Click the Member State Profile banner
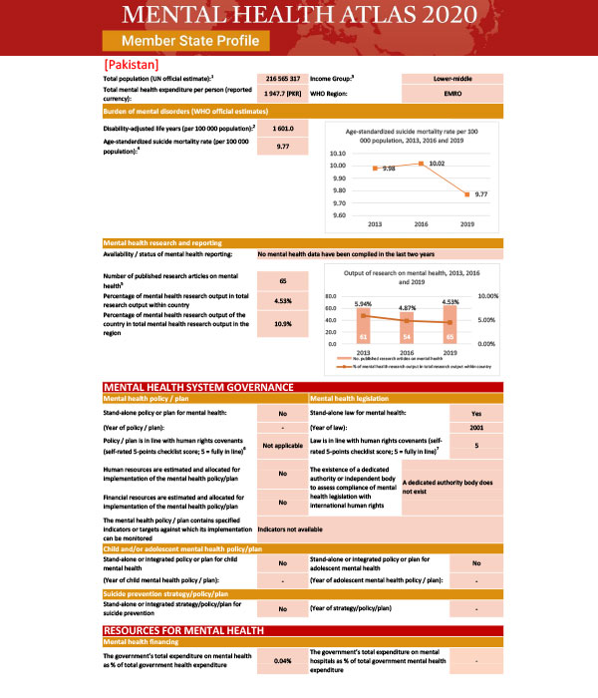point(186,41)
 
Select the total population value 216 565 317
point(282,77)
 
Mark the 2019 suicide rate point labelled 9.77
point(467,194)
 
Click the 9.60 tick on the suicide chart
point(340,215)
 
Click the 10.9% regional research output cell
point(282,324)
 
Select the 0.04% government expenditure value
point(282,661)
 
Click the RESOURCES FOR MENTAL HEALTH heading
point(183,631)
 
